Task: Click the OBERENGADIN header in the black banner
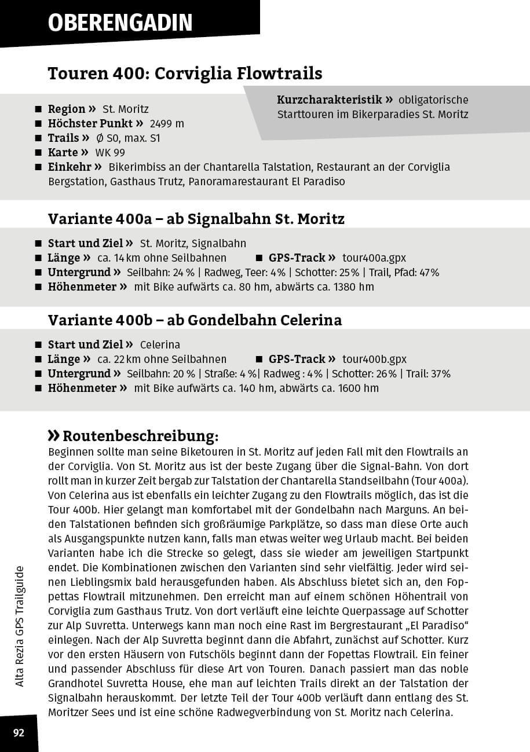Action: [120, 23]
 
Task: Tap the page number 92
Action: [19, 733]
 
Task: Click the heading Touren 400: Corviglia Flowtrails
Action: [185, 74]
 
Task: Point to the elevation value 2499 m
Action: [167, 124]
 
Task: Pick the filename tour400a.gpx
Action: [374, 258]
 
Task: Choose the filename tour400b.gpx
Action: [374, 360]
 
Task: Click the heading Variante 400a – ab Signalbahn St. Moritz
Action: [196, 219]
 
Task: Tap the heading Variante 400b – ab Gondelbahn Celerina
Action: [195, 320]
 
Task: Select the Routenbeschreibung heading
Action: [140, 435]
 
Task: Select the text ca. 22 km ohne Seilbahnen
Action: [162, 360]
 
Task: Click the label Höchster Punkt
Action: [90, 124]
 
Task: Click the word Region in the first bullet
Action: [67, 109]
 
